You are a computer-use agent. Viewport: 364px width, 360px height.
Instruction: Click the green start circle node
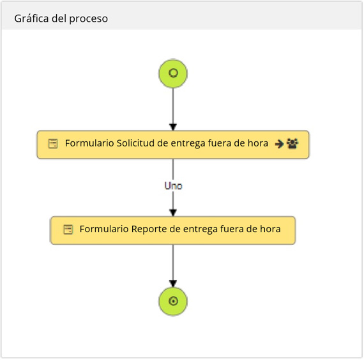[x=173, y=74]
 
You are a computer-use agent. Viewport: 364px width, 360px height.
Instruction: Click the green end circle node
[x=173, y=301]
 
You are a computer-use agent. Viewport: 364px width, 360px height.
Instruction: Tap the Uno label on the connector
[x=173, y=186]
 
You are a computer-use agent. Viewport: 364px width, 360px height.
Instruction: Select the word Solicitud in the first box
[x=135, y=143]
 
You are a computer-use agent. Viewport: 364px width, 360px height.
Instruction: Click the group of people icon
[x=292, y=143]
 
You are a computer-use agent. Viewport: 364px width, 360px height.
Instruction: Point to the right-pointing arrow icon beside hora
[x=279, y=144]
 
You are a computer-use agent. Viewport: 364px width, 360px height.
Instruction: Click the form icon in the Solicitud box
[x=53, y=143]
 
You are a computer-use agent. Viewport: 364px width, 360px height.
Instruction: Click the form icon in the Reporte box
[x=68, y=230]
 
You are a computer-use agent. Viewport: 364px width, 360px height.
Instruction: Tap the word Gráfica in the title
[x=31, y=19]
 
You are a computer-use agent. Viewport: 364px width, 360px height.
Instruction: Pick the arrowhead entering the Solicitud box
[x=173, y=127]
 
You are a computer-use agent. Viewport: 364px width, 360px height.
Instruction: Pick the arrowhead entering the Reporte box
[x=173, y=213]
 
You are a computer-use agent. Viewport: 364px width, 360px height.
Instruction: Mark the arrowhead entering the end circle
[x=173, y=284]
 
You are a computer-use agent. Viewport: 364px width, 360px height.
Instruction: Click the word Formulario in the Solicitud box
[x=89, y=143]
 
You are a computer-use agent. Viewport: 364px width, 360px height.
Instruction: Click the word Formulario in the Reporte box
[x=104, y=229]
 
